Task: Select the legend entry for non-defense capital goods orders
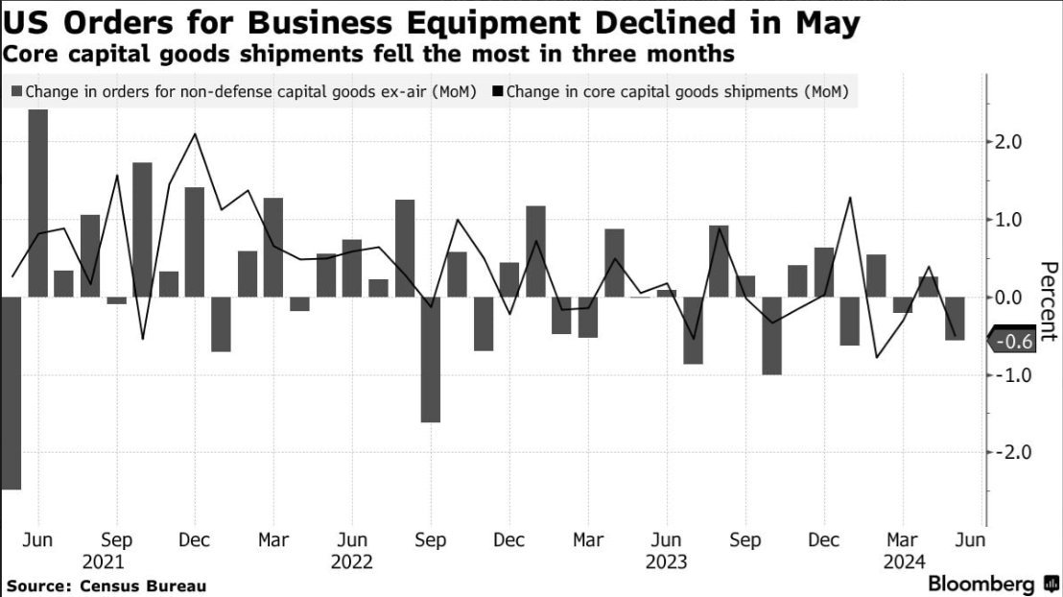click(x=244, y=93)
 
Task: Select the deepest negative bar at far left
click(x=12, y=394)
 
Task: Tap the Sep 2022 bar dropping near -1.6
click(x=431, y=360)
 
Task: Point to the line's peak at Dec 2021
click(x=195, y=134)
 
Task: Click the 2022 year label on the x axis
click(x=353, y=562)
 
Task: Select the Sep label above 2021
click(x=116, y=540)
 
